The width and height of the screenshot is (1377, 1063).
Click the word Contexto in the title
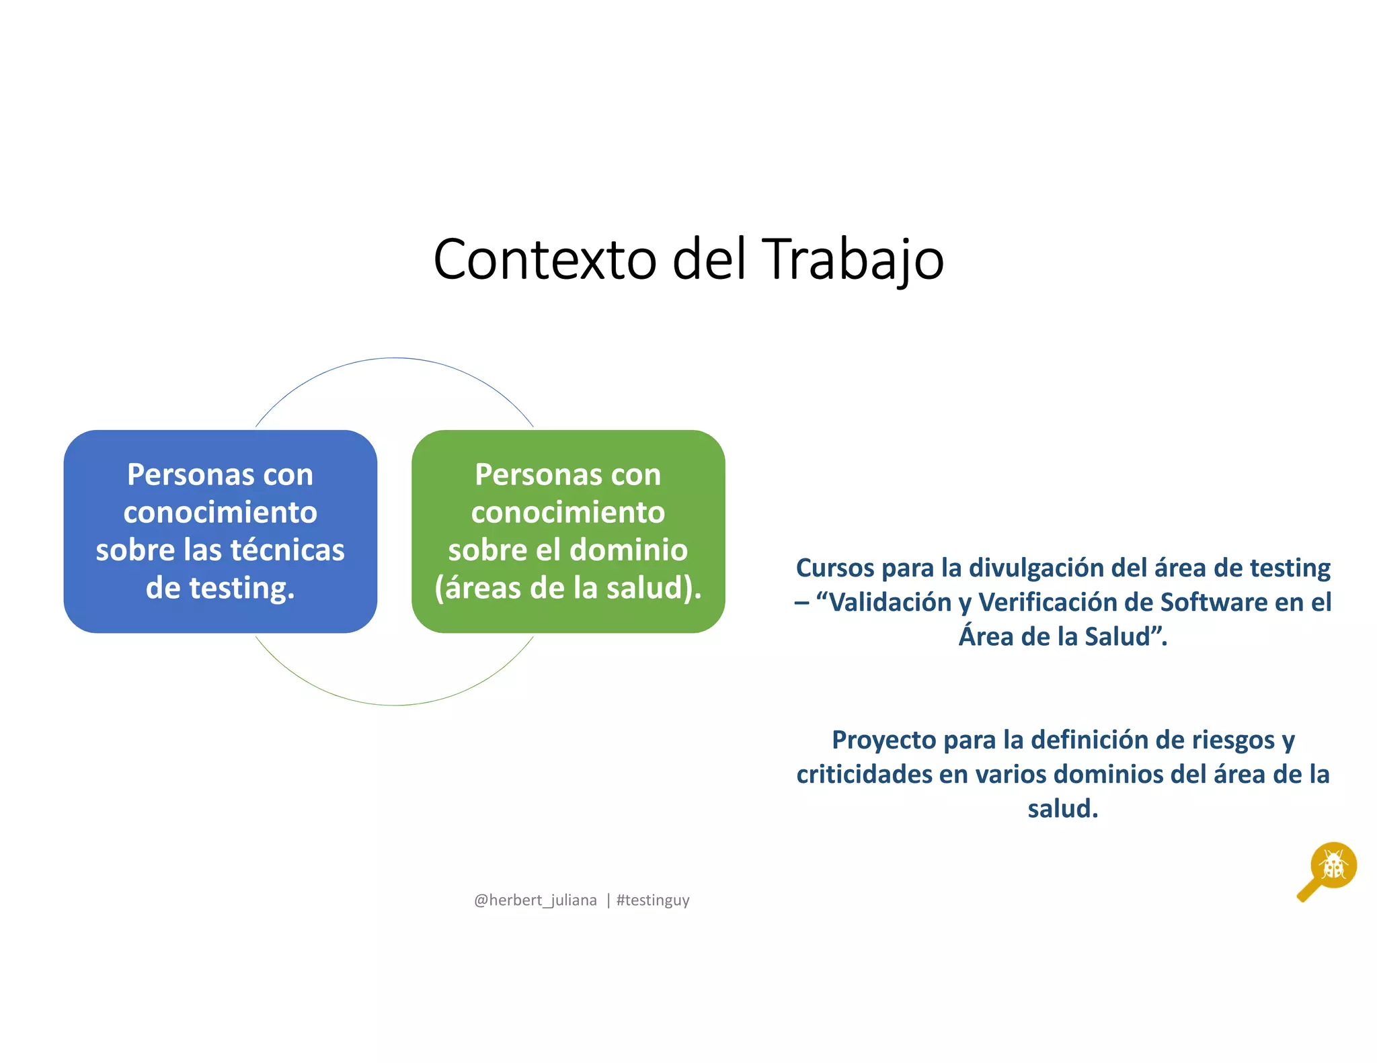(x=545, y=259)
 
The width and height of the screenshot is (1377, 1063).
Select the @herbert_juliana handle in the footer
(x=535, y=900)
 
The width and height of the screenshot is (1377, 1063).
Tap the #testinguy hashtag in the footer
(x=653, y=900)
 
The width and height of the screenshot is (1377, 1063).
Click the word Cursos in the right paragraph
(x=835, y=568)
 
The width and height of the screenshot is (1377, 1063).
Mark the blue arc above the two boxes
(x=395, y=359)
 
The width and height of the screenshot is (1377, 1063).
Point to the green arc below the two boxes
(x=395, y=705)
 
